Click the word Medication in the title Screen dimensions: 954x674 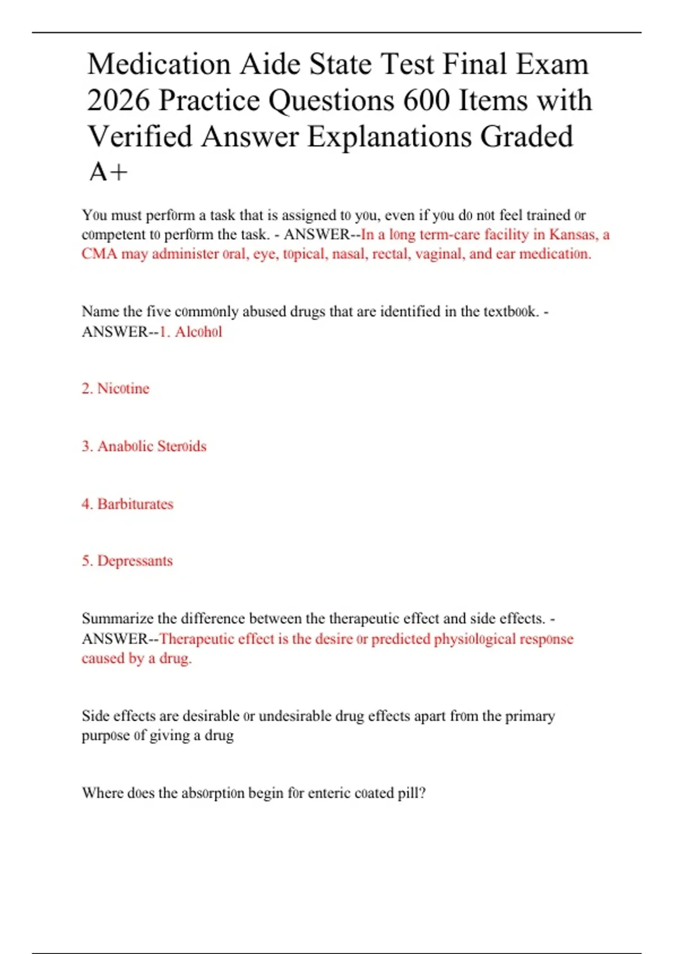[158, 63]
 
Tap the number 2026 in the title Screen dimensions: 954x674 [119, 100]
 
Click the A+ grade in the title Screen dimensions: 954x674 [108, 172]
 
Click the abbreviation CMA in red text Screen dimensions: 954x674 [99, 254]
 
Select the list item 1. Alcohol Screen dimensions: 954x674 [191, 332]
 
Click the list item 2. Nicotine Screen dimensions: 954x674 [115, 388]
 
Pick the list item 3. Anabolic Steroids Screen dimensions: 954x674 [144, 446]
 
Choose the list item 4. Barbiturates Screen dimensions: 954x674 [127, 504]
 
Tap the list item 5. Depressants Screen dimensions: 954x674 [127, 561]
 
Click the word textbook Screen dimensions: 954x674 [511, 311]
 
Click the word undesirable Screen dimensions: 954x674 [294, 716]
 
